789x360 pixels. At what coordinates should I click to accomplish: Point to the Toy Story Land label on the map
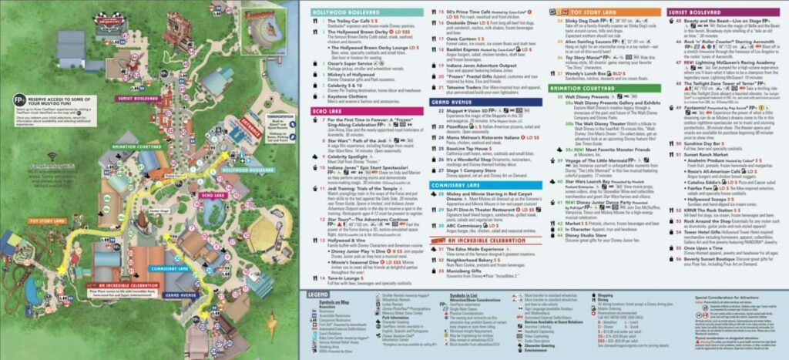[x=47, y=220]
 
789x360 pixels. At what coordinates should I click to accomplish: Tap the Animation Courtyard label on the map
[x=136, y=146]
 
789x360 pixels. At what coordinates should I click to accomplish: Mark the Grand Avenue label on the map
[x=181, y=294]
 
